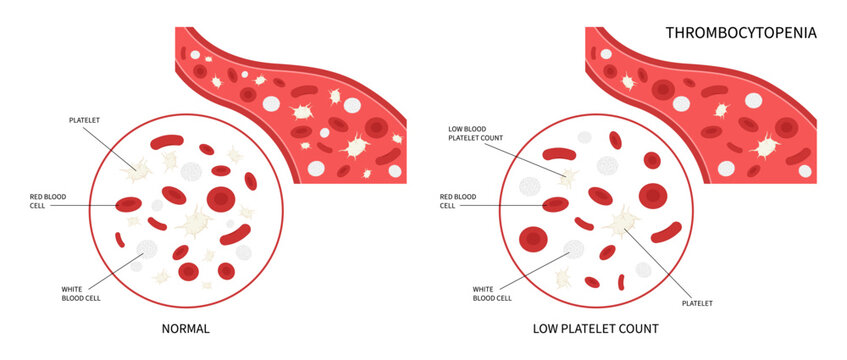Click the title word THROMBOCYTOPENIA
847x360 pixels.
point(741,33)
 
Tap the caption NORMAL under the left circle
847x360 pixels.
point(185,327)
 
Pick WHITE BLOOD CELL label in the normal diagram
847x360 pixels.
point(81,292)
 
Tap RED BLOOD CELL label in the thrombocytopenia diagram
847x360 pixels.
point(462,200)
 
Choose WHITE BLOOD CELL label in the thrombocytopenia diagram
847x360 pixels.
point(492,293)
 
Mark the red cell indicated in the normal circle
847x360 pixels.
point(128,205)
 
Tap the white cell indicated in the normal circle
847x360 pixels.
point(147,250)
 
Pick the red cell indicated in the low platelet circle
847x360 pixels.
point(555,205)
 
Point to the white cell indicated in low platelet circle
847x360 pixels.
point(574,250)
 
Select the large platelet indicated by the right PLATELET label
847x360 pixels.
point(626,223)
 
